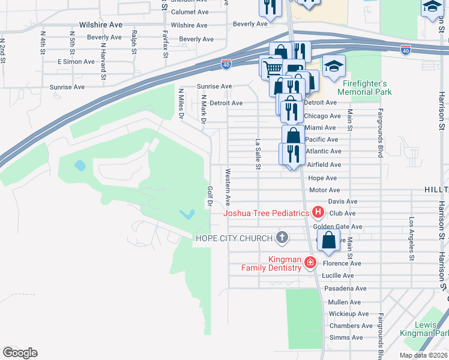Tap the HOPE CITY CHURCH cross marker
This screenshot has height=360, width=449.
click(282, 238)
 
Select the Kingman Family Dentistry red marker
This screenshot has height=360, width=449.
click(310, 262)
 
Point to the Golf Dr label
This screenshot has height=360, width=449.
click(210, 196)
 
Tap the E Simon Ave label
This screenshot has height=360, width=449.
click(76, 62)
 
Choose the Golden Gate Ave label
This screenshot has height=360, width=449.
click(342, 227)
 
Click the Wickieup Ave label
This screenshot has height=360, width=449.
click(349, 314)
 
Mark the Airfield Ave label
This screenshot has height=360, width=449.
click(324, 164)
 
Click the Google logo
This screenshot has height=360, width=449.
click(20, 353)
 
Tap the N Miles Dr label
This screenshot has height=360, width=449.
click(181, 104)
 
